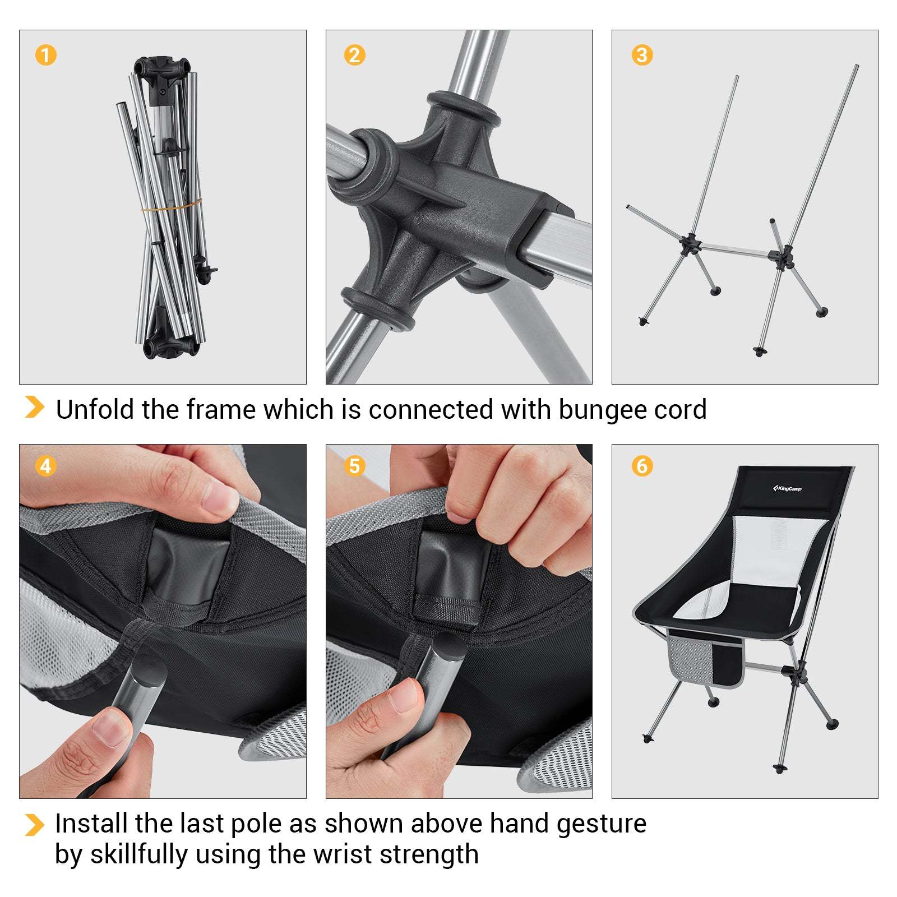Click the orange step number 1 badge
click(46, 55)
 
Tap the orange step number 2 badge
click(354, 55)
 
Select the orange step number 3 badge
click(642, 55)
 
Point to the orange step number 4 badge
click(46, 466)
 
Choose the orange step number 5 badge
click(354, 466)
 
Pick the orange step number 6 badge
click(642, 466)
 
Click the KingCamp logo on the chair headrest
click(787, 488)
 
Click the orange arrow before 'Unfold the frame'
click(34, 407)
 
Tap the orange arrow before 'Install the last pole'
click(34, 825)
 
